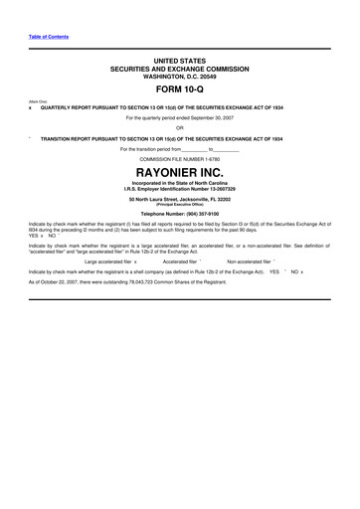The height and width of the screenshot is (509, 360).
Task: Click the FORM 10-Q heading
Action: point(179,90)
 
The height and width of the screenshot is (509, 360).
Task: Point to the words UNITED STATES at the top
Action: point(179,62)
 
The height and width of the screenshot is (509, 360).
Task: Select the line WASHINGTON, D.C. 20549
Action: point(179,77)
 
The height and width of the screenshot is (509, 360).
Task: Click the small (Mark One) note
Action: point(37,101)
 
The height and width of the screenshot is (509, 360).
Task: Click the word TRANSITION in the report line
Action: point(59,138)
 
